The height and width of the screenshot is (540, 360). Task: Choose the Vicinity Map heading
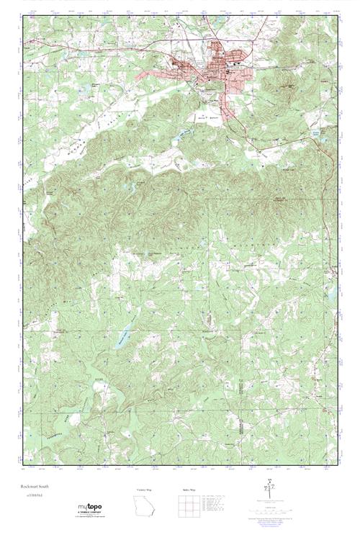pyautogui.click(x=144, y=490)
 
